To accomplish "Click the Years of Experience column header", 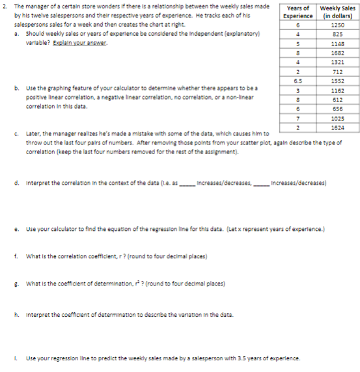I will click(x=299, y=11).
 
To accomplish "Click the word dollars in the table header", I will click(x=342, y=15).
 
